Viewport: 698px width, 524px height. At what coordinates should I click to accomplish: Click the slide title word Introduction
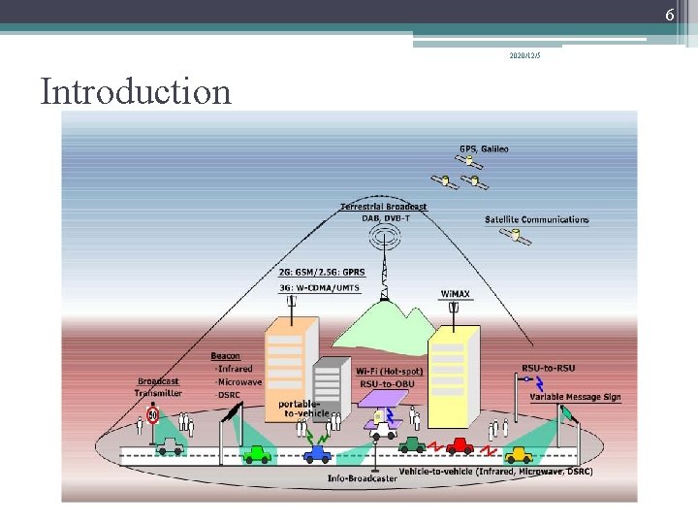click(136, 92)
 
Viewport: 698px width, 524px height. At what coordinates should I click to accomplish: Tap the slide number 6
click(669, 15)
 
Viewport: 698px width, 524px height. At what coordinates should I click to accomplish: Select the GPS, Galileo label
click(483, 149)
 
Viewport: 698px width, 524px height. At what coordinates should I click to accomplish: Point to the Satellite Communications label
click(536, 219)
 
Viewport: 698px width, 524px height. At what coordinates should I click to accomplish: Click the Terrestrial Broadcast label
click(383, 207)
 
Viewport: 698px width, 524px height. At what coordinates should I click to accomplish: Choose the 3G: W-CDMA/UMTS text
click(319, 286)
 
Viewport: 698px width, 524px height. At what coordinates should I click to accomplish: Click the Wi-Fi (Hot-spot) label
click(380, 371)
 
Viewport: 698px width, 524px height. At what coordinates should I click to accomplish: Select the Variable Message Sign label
click(575, 396)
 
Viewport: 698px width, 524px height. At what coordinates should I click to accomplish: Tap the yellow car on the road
click(520, 453)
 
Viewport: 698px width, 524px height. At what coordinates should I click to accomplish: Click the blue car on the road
click(317, 453)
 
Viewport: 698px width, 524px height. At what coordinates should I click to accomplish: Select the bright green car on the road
click(256, 453)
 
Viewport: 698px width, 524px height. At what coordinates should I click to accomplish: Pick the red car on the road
click(460, 446)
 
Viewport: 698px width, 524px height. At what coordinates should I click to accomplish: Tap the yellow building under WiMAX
click(453, 374)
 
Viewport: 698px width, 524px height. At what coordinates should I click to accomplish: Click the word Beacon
click(225, 357)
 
